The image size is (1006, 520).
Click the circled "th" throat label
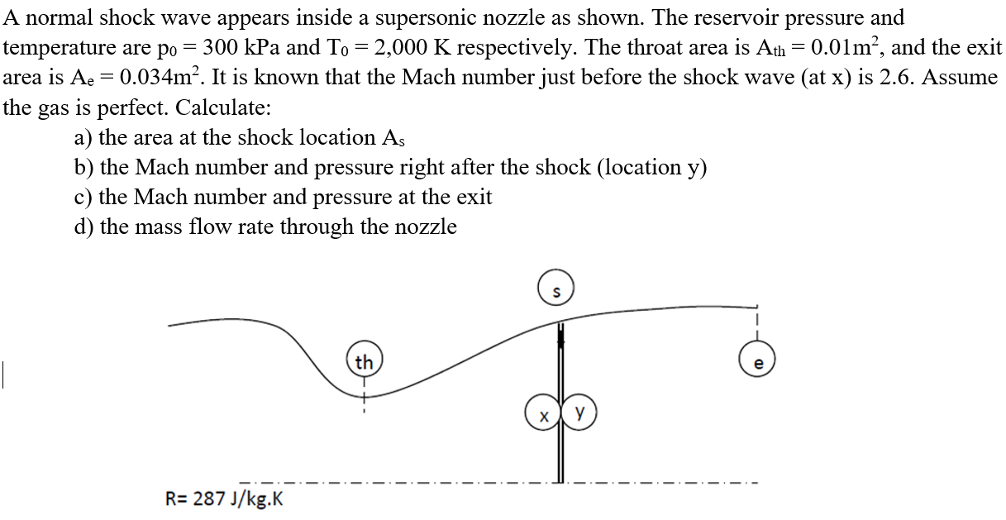(x=364, y=363)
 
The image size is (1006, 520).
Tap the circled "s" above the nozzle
(x=555, y=291)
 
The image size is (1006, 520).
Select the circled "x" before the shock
(x=542, y=413)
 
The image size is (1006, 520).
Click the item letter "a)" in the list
(x=83, y=137)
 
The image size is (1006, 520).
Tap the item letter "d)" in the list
(x=84, y=227)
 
